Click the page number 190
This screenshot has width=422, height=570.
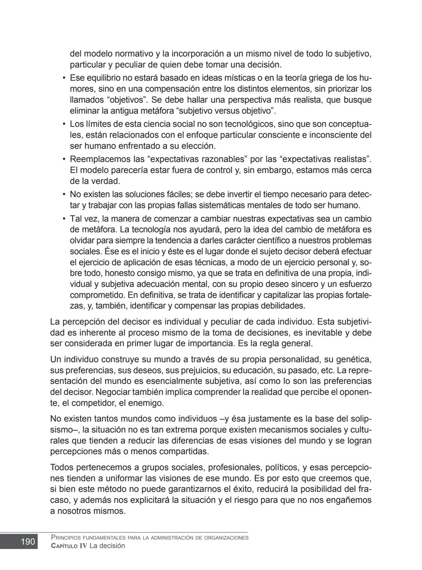[28, 542]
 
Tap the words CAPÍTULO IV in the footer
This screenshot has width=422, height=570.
[69, 546]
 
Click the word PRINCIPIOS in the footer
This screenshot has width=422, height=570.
[66, 538]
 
